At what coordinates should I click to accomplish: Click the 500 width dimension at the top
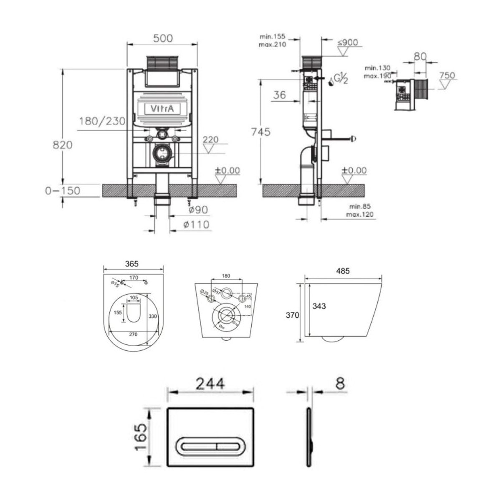[162, 38]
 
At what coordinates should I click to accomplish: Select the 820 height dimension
[63, 145]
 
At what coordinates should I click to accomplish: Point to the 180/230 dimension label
[102, 121]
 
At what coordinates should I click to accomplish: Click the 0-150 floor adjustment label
[63, 190]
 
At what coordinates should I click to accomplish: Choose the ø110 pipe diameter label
[196, 225]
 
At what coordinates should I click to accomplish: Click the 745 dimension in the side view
[261, 132]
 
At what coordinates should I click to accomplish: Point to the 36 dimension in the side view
[279, 95]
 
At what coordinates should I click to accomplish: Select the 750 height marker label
[447, 76]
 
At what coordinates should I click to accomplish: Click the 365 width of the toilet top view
[131, 264]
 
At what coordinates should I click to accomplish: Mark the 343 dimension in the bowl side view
[319, 306]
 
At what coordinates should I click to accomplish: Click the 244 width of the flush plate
[210, 383]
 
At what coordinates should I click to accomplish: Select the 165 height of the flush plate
[142, 437]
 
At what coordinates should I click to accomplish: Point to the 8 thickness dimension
[341, 383]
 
